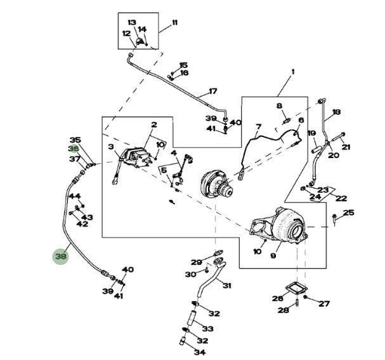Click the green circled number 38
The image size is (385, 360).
tap(61, 257)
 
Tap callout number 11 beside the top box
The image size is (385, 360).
tap(174, 23)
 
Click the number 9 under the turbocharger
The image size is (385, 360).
tap(273, 257)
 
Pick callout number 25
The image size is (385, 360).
tap(349, 213)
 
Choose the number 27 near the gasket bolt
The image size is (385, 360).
tap(324, 303)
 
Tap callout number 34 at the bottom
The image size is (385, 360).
tap(200, 352)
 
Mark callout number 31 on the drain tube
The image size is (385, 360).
tap(227, 286)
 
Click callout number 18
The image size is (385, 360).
tap(336, 112)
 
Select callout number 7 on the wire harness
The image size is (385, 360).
tap(259, 127)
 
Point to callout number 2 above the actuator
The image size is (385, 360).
tap(153, 125)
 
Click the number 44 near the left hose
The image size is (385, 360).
tap(75, 196)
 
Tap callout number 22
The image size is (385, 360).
tap(341, 199)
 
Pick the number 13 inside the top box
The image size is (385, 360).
tap(132, 22)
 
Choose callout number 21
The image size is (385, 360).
tap(346, 147)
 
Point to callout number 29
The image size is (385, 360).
tap(197, 262)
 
